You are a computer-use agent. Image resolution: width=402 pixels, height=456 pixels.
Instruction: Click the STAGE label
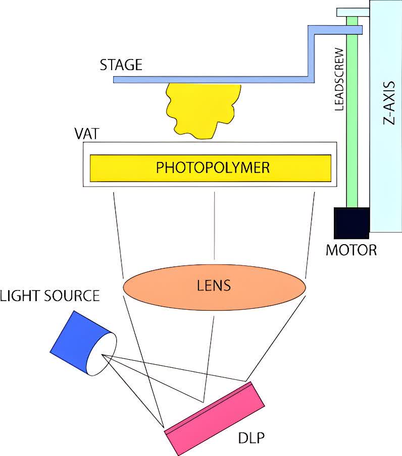coord(121,65)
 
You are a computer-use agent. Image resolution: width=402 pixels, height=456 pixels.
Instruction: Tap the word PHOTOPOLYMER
coord(213,167)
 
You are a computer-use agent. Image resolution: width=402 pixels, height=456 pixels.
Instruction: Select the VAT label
coord(86,135)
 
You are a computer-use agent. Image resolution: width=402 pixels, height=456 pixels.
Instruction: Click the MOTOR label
coord(351,249)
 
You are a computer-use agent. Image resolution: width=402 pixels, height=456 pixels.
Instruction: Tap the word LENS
coord(214,286)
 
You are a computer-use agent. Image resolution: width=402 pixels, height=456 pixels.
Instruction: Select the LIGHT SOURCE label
coord(49,296)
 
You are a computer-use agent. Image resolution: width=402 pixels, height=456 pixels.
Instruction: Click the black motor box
coord(351,222)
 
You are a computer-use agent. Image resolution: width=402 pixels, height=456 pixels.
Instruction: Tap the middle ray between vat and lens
coord(216,227)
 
